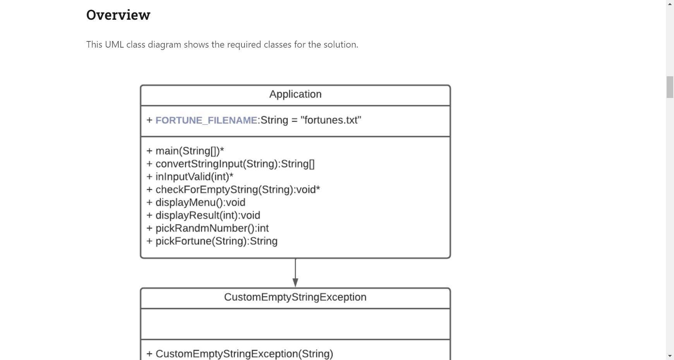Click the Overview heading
(x=118, y=15)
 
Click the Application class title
(x=295, y=94)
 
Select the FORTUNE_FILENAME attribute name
(x=206, y=120)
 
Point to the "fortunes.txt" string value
(x=331, y=120)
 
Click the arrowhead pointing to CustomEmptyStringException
(x=295, y=283)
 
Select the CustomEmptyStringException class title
(x=295, y=297)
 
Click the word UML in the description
(x=114, y=45)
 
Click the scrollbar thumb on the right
(x=670, y=87)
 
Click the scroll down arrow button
(x=670, y=356)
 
